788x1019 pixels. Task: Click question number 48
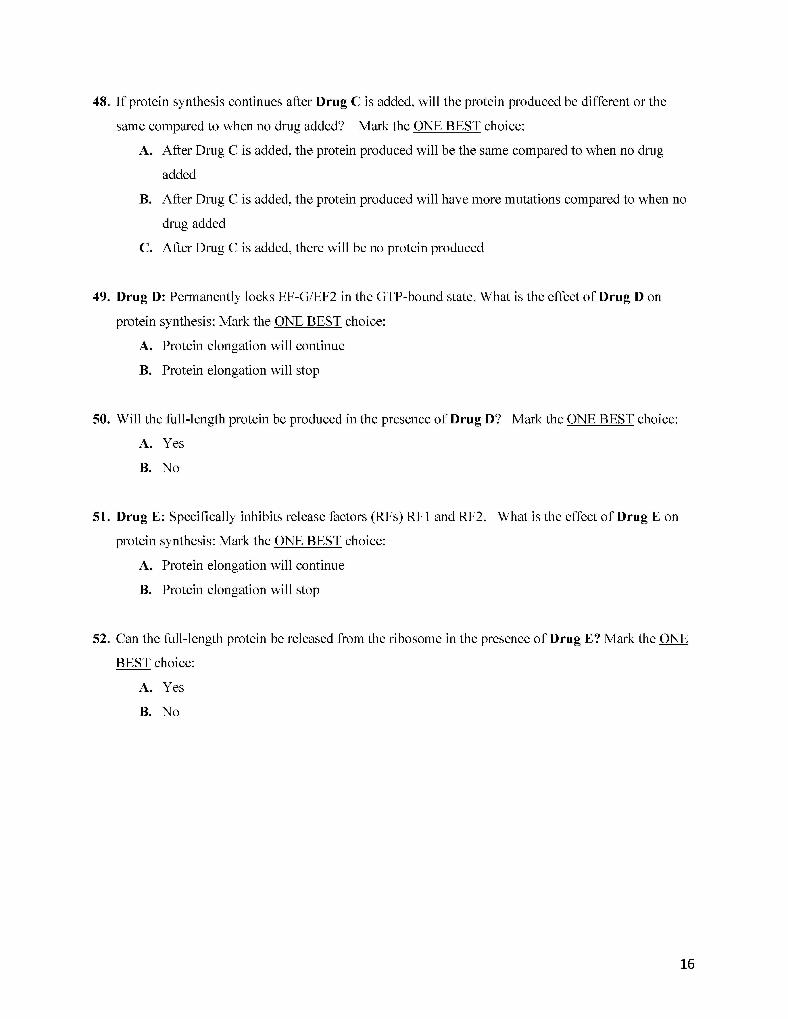(101, 102)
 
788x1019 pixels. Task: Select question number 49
(101, 297)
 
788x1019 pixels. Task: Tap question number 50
(101, 419)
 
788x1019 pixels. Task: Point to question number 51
(101, 516)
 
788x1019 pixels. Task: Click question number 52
(101, 638)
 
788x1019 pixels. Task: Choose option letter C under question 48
(146, 248)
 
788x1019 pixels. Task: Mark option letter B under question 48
(146, 199)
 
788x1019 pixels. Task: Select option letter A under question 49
(146, 346)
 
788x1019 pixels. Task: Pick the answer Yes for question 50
(173, 443)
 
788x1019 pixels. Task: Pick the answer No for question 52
(171, 712)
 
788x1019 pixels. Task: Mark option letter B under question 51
(146, 590)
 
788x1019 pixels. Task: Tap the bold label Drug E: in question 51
(140, 516)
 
